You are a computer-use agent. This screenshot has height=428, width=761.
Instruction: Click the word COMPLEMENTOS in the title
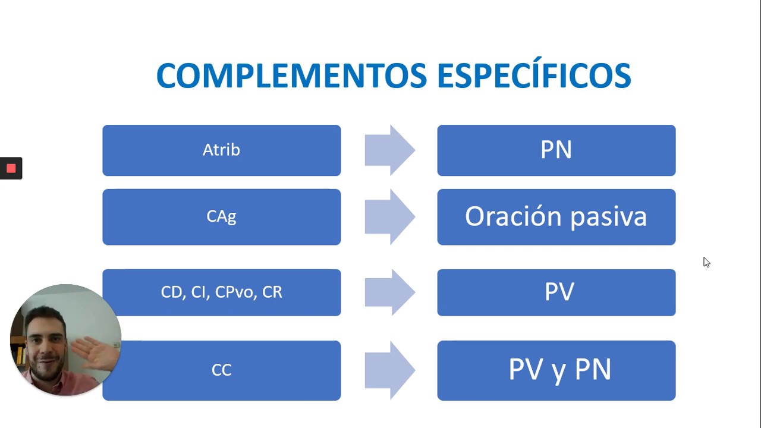coord(291,75)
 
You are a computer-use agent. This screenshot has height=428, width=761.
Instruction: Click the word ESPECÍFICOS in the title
coord(533,75)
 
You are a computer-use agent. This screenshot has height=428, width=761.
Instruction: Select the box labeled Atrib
coord(221,150)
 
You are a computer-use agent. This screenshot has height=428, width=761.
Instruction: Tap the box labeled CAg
coord(221,216)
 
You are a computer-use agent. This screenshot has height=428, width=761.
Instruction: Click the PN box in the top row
coord(556,150)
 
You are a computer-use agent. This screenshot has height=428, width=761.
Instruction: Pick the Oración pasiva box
coord(556,216)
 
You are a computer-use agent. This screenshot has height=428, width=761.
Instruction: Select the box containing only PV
coord(556,292)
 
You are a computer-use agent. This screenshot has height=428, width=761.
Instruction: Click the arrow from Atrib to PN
coord(390,150)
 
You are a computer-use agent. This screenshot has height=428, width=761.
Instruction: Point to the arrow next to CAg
coord(390,216)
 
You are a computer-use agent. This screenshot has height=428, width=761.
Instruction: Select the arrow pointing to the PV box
coord(390,292)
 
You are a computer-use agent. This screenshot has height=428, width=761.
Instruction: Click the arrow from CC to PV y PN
coord(390,370)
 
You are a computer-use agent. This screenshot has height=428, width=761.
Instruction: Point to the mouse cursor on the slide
coord(706,262)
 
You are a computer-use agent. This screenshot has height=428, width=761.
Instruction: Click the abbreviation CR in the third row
coord(272,292)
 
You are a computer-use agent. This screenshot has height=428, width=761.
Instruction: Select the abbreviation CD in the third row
coord(172,292)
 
